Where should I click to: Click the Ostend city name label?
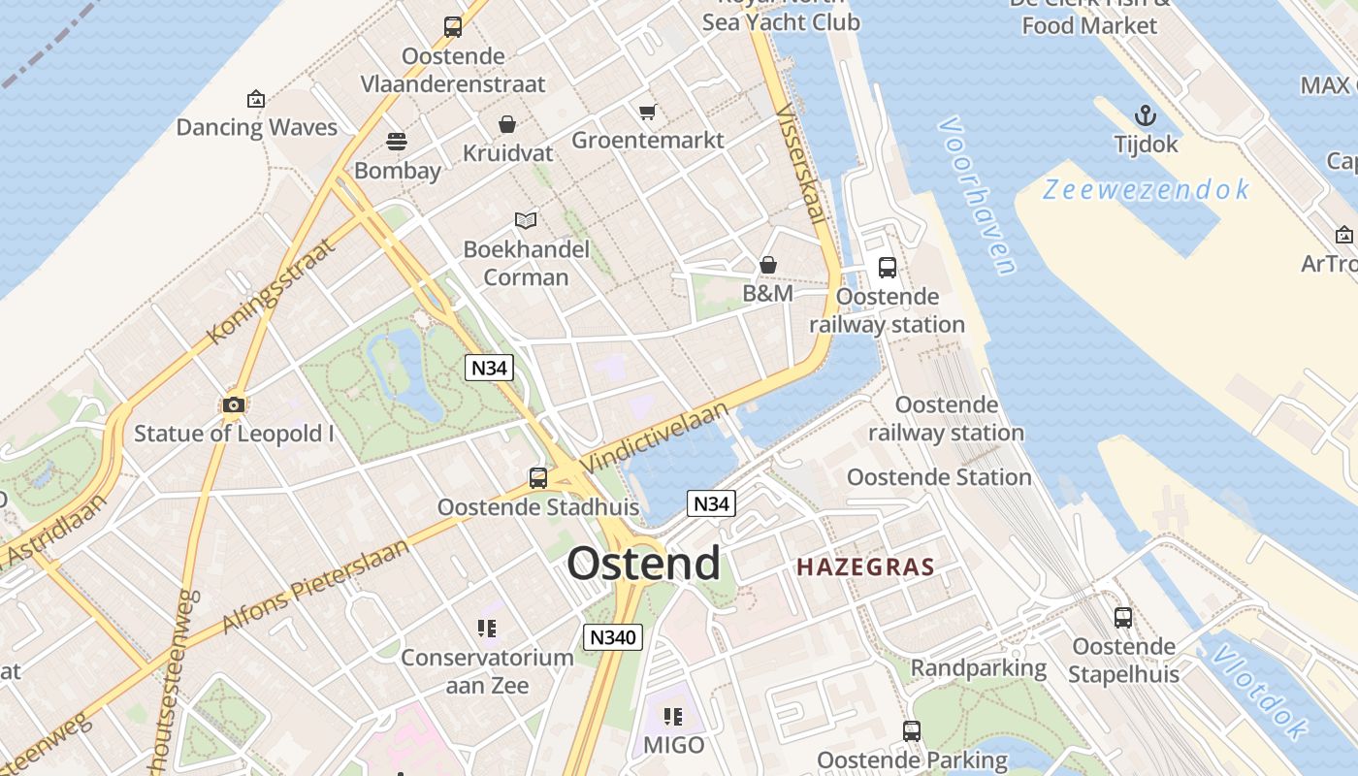tap(644, 564)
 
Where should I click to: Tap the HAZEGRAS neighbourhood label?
tap(865, 567)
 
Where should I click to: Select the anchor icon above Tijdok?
tap(1146, 116)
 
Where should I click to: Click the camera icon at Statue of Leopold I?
tap(233, 404)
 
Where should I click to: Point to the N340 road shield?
tap(613, 637)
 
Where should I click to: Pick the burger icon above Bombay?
tap(397, 142)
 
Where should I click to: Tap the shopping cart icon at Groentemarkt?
tap(647, 112)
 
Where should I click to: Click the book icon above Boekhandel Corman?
tap(526, 220)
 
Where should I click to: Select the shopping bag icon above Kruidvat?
tap(507, 124)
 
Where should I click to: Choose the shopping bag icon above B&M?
tap(768, 264)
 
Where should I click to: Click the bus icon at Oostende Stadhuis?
tap(538, 477)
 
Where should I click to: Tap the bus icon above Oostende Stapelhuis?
tap(1123, 617)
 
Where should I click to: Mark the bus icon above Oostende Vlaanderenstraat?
tap(453, 27)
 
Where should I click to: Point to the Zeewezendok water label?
tap(1146, 189)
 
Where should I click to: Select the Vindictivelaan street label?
tap(657, 438)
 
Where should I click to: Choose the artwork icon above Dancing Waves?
tap(256, 99)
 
